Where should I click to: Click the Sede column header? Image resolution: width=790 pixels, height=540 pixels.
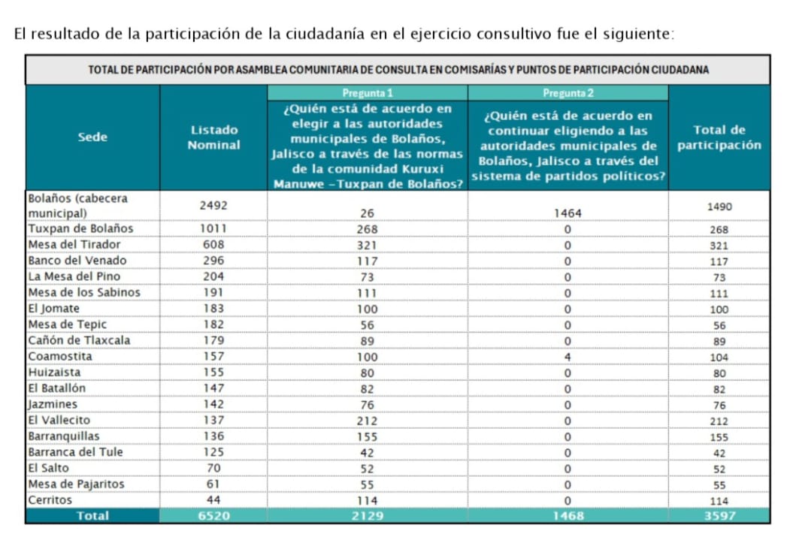pyautogui.click(x=92, y=137)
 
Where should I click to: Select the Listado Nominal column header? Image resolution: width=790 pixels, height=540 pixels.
pyautogui.click(x=213, y=137)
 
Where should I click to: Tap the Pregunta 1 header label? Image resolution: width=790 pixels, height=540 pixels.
pyautogui.click(x=368, y=93)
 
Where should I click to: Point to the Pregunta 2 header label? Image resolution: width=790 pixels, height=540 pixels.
pyautogui.click(x=568, y=93)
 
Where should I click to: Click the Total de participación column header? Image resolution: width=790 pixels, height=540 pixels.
pyautogui.click(x=719, y=137)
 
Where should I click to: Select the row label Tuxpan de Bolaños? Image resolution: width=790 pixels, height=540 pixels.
pyautogui.click(x=80, y=228)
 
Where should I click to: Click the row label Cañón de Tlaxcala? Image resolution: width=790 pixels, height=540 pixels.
pyautogui.click(x=79, y=340)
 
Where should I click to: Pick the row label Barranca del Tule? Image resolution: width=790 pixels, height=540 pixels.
pyautogui.click(x=76, y=452)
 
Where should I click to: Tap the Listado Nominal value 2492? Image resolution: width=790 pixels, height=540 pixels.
pyautogui.click(x=213, y=205)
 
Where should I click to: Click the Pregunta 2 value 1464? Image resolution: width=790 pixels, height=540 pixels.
pyautogui.click(x=568, y=213)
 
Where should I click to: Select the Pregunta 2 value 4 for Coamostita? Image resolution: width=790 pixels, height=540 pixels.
pyautogui.click(x=568, y=357)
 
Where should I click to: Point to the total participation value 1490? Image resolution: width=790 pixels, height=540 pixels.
pyautogui.click(x=719, y=207)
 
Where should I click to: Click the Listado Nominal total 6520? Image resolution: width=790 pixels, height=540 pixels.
pyautogui.click(x=213, y=516)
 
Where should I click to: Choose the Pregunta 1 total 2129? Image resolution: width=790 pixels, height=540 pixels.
pyautogui.click(x=368, y=516)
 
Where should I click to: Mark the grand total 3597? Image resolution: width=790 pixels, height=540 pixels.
pyautogui.click(x=719, y=516)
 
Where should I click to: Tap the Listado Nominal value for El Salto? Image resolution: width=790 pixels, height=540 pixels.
pyautogui.click(x=213, y=468)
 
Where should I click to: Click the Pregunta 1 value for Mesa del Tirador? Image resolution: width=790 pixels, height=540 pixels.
pyautogui.click(x=368, y=245)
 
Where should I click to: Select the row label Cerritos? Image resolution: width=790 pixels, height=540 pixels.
pyautogui.click(x=50, y=499)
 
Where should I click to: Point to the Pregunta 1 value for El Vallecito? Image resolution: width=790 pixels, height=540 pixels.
pyautogui.click(x=368, y=421)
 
